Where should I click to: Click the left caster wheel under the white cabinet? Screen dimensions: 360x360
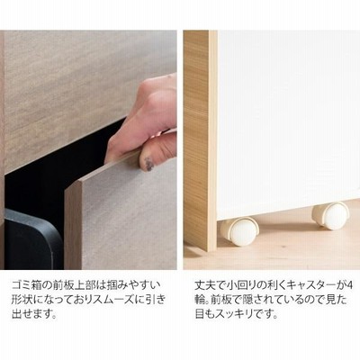tap(238, 231)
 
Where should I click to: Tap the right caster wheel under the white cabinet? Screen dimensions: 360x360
tap(330, 216)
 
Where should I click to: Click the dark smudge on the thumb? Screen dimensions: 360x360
tap(149, 164)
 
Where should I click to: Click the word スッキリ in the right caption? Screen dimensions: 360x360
tap(235, 315)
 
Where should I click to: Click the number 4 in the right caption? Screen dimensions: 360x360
tap(348, 284)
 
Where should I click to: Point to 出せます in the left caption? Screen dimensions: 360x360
tap(32, 315)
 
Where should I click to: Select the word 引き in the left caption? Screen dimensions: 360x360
tap(156, 300)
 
